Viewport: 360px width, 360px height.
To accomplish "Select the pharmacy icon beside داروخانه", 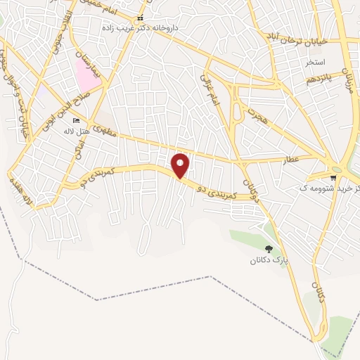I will pos(140,18).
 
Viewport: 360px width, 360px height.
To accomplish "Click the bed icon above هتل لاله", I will pos(76,122).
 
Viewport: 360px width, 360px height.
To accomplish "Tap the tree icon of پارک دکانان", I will pos(268,248).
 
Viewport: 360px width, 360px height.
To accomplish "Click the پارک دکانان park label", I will pos(269,261).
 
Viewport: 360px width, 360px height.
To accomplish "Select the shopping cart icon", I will pos(333,177).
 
